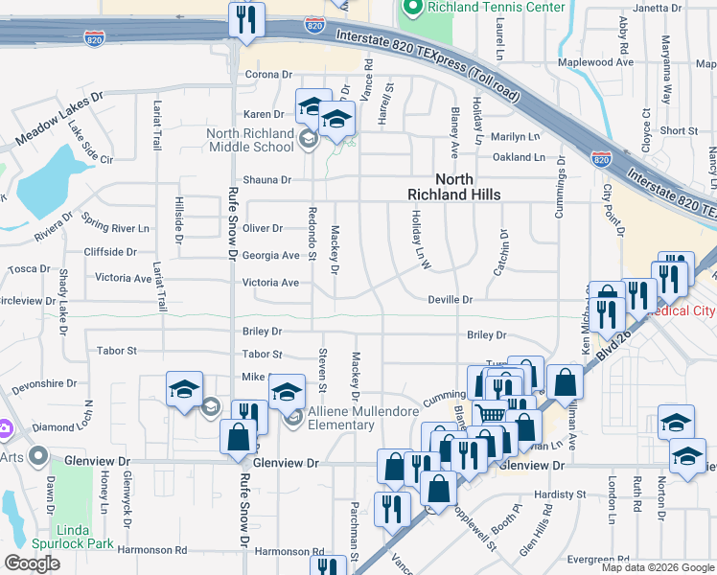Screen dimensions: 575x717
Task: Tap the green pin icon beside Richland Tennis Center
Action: coord(412,8)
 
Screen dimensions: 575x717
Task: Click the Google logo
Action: coord(33,563)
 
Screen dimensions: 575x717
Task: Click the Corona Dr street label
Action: coord(268,74)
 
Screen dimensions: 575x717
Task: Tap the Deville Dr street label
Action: coord(451,300)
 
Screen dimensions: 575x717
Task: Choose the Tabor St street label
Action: coord(117,352)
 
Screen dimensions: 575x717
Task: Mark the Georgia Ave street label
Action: coord(271,256)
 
